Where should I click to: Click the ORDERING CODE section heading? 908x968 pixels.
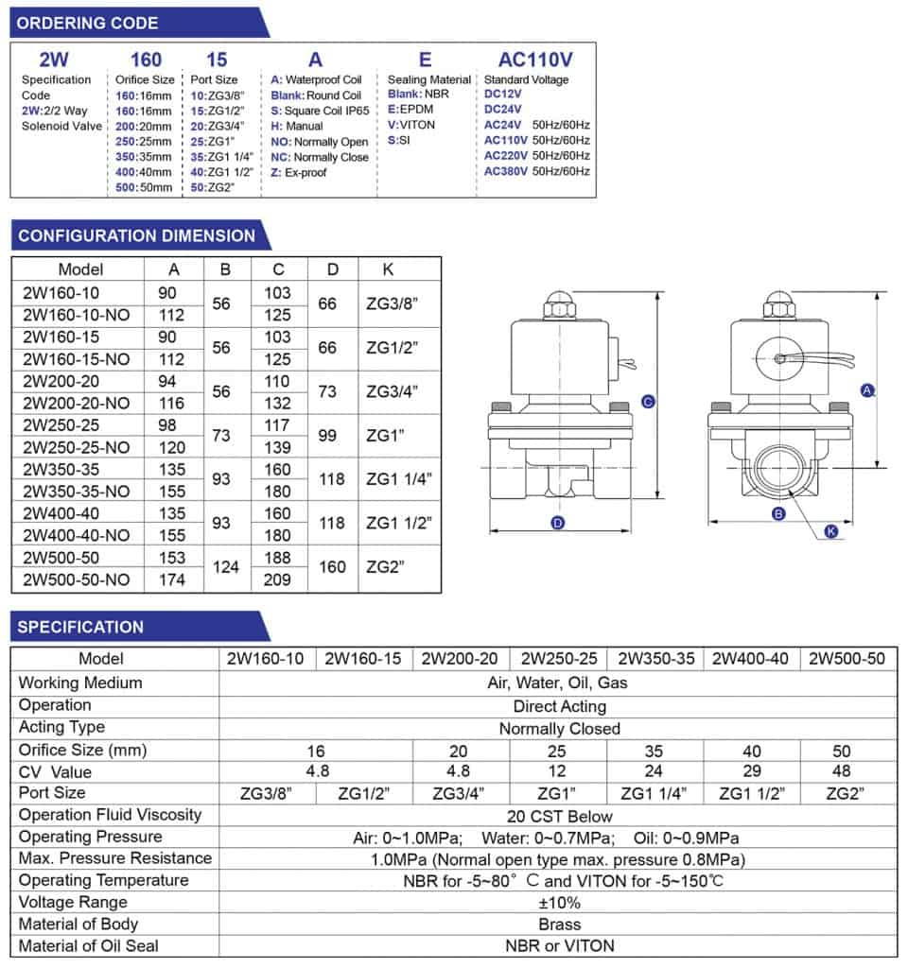[89, 23]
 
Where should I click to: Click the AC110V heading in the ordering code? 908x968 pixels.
[534, 59]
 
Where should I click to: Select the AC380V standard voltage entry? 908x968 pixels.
[506, 171]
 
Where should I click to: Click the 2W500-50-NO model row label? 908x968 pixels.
[77, 579]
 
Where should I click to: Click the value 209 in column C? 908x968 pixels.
[277, 579]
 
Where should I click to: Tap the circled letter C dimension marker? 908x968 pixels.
[648, 402]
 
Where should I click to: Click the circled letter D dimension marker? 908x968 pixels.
[558, 522]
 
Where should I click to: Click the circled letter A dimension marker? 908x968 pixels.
[866, 389]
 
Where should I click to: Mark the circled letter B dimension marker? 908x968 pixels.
[779, 514]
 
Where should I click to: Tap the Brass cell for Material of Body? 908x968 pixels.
[559, 924]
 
